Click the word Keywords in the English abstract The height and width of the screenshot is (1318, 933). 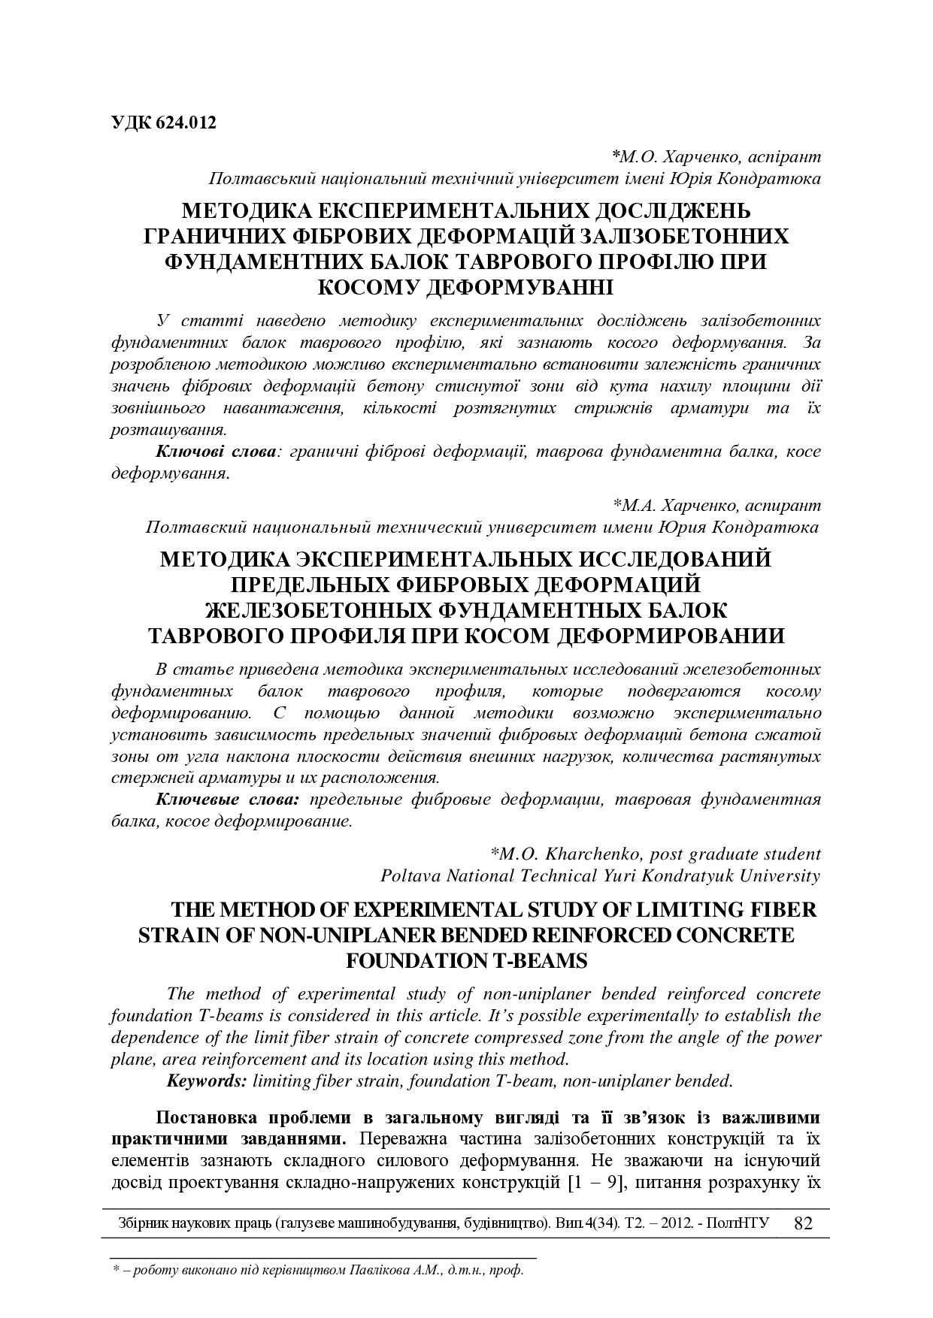coord(206,1081)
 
